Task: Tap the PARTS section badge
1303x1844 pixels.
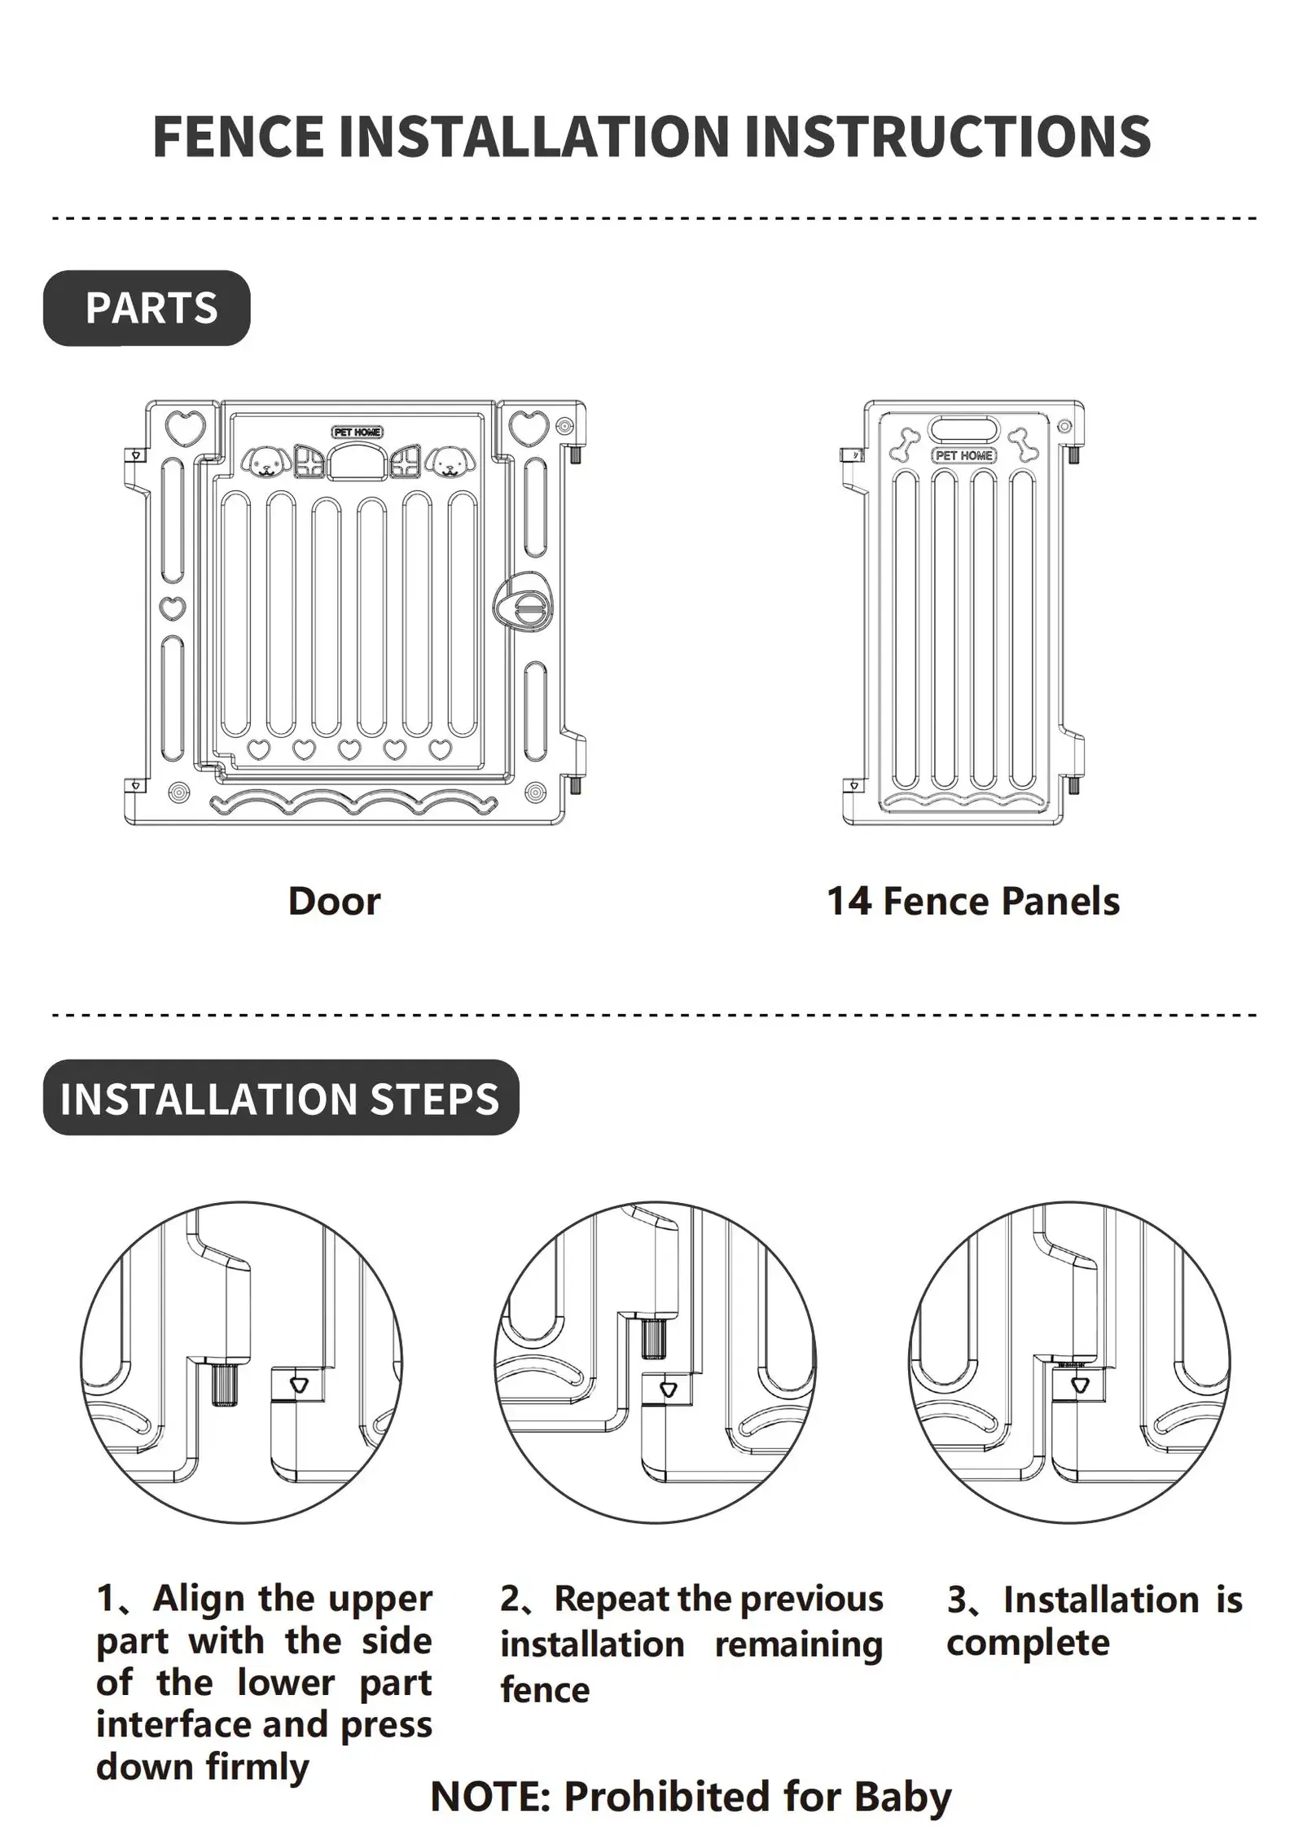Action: click(x=147, y=308)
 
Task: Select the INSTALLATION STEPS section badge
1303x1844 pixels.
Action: click(x=281, y=1097)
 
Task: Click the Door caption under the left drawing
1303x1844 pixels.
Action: click(x=334, y=901)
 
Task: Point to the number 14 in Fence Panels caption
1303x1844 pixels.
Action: click(x=849, y=901)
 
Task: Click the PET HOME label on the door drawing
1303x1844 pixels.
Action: click(x=357, y=432)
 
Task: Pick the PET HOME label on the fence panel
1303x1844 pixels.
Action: click(x=964, y=455)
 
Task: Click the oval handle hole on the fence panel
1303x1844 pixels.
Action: click(x=964, y=428)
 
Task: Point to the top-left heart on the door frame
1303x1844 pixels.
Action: click(x=185, y=426)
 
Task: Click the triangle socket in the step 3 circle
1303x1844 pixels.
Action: click(x=1081, y=1385)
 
